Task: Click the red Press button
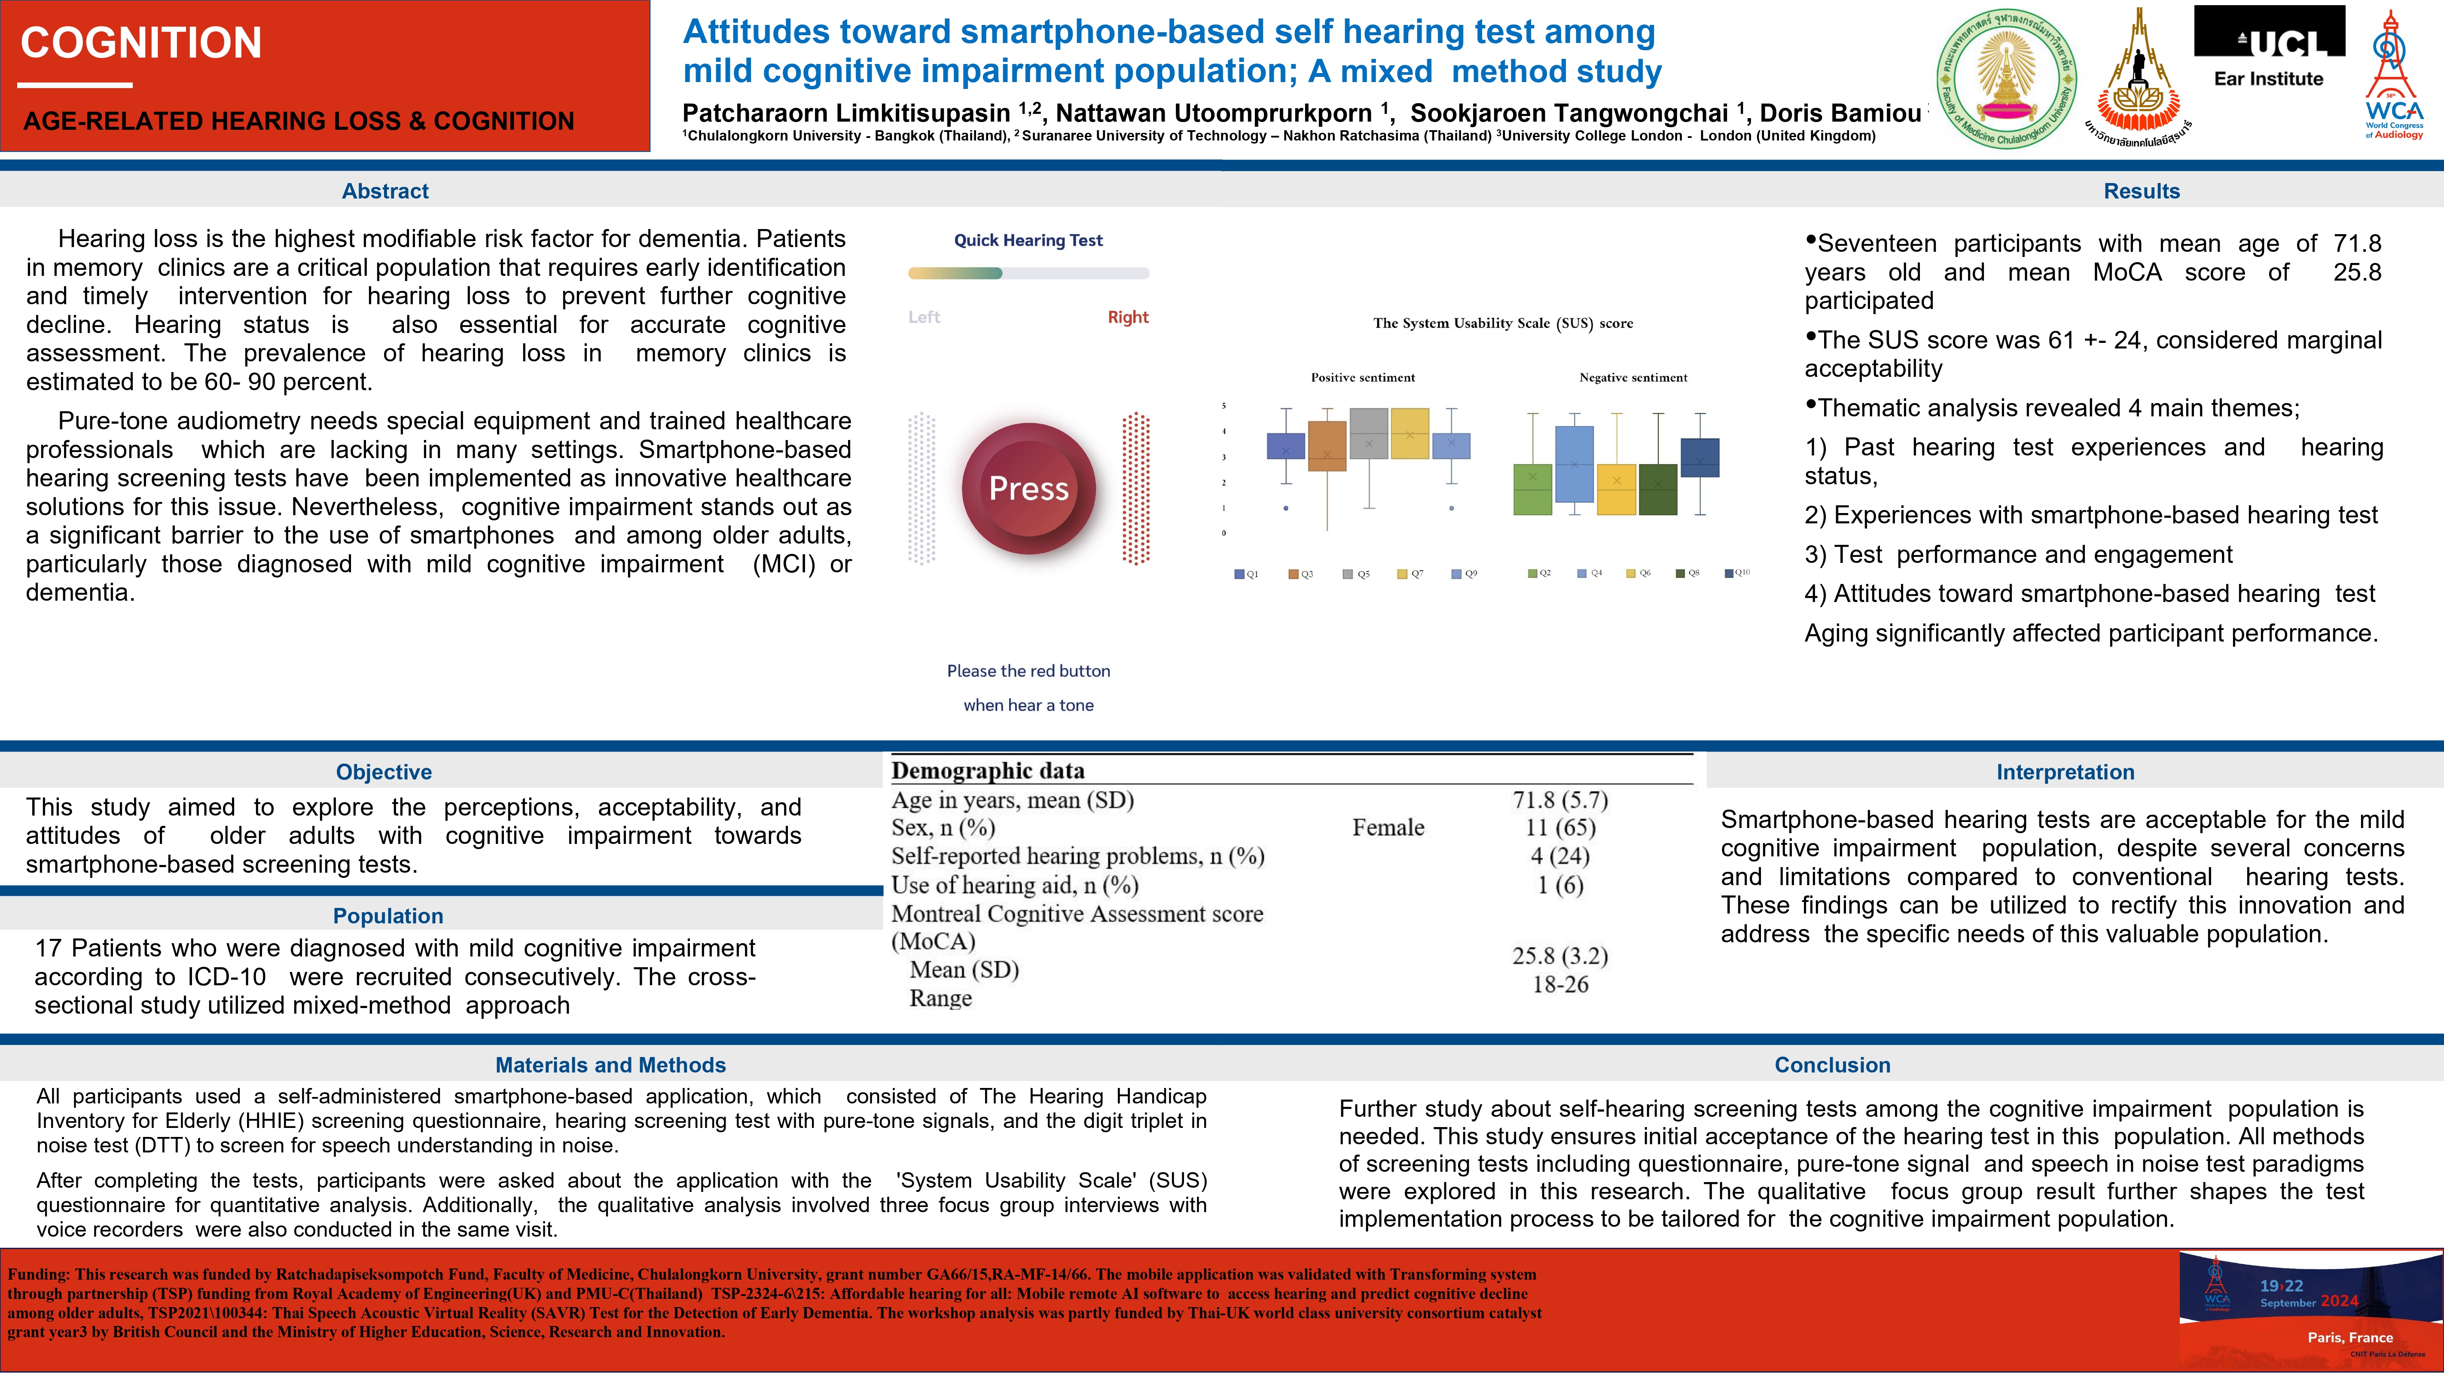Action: pos(1028,488)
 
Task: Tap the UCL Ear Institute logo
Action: pos(2268,47)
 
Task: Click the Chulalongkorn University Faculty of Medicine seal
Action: pos(2006,79)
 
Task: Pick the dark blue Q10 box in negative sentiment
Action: pos(1699,457)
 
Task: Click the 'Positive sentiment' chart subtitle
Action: pos(1362,378)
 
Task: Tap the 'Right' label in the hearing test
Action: pos(1127,317)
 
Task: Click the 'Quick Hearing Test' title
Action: pos(1028,240)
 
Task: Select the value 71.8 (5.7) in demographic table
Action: pos(1560,800)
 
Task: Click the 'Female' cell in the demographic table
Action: pos(1388,828)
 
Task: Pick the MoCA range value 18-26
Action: pos(1560,984)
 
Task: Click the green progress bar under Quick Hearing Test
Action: pos(955,273)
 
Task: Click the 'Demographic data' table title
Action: pos(988,770)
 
